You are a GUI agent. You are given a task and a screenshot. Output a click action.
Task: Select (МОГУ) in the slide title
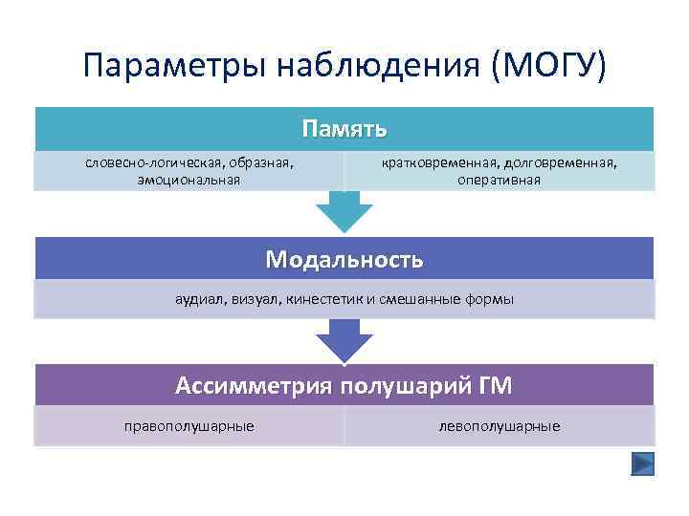(x=548, y=66)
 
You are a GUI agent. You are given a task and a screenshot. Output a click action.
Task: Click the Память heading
(x=344, y=128)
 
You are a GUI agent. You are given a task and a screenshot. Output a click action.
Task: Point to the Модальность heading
(x=344, y=259)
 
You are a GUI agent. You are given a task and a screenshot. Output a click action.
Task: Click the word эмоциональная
(x=189, y=179)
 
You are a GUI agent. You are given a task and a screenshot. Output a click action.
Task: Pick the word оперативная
(x=499, y=179)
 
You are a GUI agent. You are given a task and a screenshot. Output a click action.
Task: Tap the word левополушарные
(x=499, y=426)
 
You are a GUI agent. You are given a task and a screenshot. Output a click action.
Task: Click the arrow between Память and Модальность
(x=344, y=212)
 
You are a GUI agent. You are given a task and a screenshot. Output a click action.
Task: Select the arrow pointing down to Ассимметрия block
(x=344, y=341)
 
